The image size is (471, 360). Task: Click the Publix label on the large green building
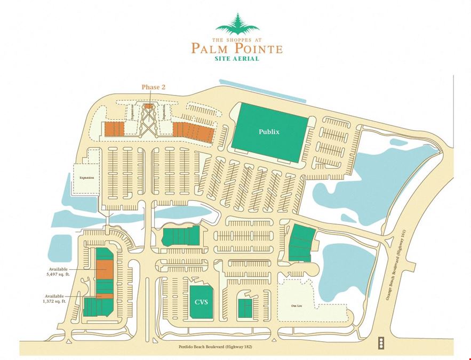pos(269,131)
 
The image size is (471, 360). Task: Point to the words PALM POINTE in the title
pos(237,49)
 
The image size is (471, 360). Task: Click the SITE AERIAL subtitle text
pos(237,59)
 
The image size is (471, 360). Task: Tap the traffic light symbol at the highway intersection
pos(380,342)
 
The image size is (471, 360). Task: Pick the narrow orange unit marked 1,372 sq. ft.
pos(105,296)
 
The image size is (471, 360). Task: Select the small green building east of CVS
pos(245,307)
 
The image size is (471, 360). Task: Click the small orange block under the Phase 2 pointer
pos(148,106)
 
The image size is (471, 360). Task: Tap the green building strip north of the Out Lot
pos(301,243)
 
